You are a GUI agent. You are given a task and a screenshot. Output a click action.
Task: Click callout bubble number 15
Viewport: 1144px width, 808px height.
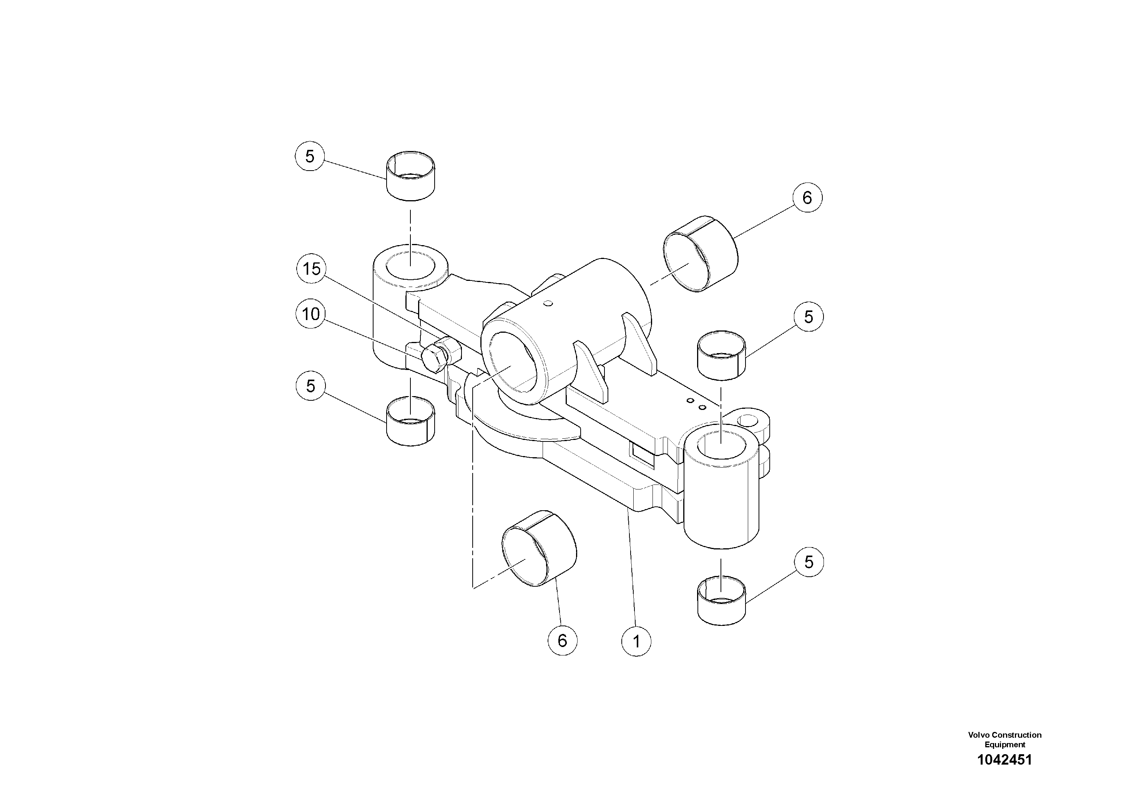[x=311, y=269]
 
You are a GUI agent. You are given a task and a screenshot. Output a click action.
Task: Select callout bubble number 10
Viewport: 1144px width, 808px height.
[x=311, y=314]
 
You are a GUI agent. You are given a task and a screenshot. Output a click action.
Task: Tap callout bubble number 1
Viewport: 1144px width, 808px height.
[x=636, y=641]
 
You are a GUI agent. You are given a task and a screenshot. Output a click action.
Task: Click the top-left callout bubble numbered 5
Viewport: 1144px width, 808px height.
[x=310, y=156]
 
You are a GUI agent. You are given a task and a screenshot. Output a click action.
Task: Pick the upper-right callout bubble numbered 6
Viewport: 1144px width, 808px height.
[x=807, y=198]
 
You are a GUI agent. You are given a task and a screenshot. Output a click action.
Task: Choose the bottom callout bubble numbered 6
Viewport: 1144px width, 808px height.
[x=562, y=640]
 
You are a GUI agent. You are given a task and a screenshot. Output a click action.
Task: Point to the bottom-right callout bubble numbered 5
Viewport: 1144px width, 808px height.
[x=809, y=562]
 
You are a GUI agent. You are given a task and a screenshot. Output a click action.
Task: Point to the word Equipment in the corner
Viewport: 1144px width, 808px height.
[x=1005, y=745]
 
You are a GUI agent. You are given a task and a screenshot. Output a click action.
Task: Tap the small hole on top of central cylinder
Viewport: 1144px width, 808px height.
[x=549, y=303]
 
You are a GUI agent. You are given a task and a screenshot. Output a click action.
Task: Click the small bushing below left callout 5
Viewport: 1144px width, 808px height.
[x=410, y=421]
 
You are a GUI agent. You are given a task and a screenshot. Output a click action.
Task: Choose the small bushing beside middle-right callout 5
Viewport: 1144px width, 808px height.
[x=721, y=355]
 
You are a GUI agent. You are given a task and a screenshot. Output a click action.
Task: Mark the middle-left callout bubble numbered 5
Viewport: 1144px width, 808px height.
[x=310, y=386]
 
